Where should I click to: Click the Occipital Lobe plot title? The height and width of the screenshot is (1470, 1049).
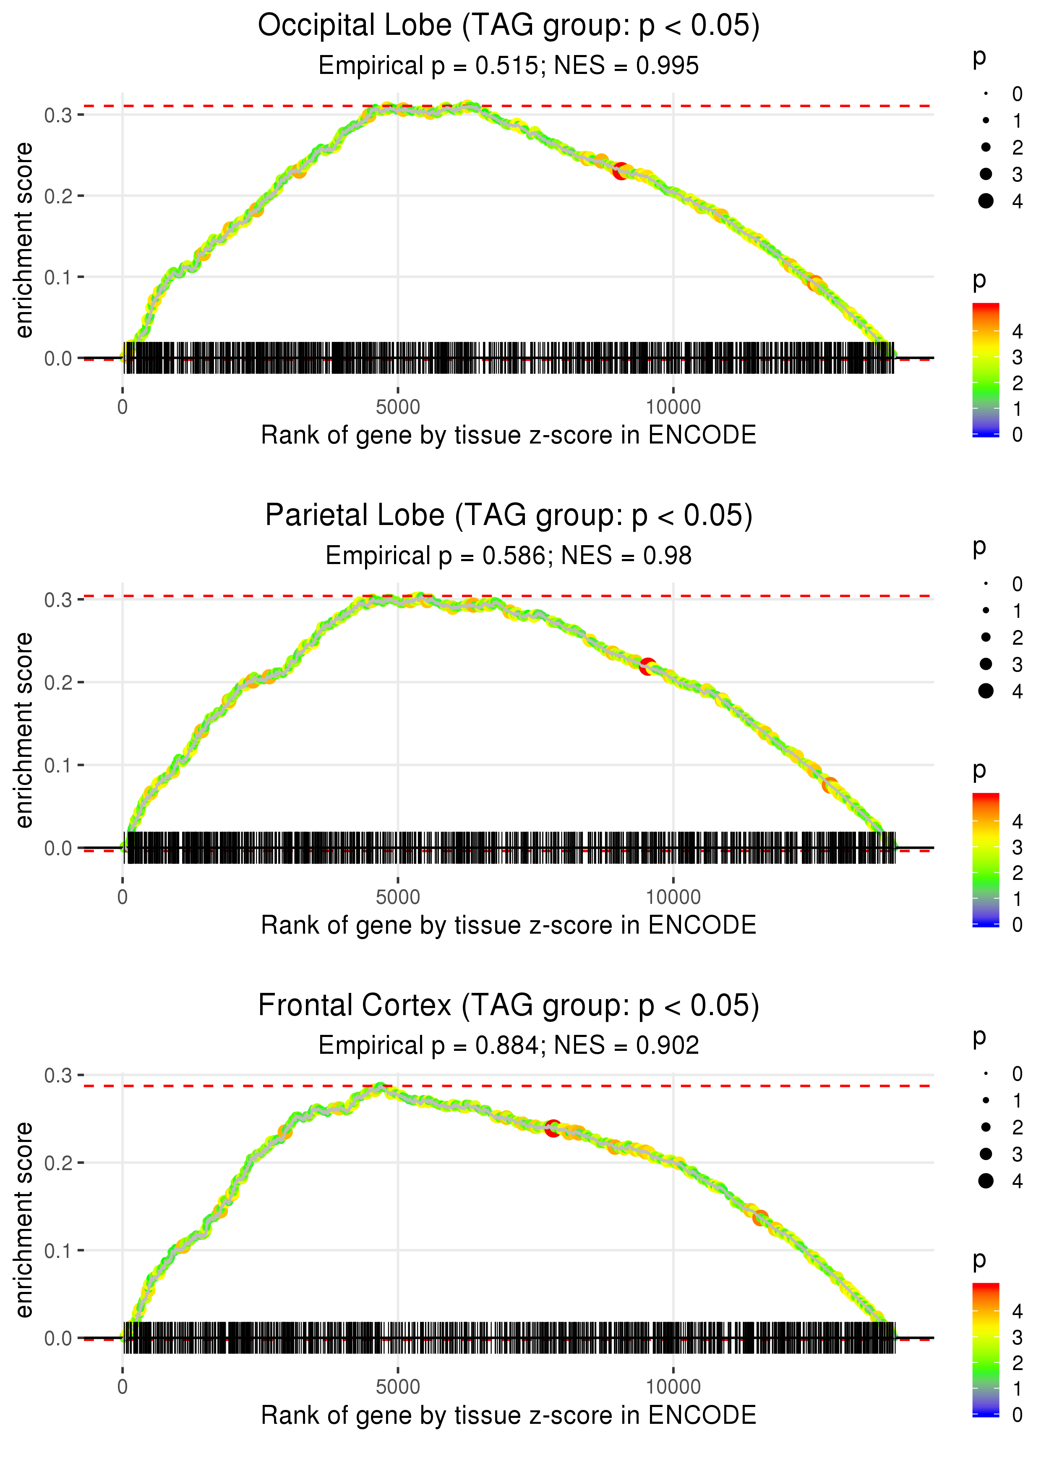(x=509, y=26)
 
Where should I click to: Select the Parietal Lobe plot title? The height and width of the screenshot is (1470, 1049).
(x=509, y=516)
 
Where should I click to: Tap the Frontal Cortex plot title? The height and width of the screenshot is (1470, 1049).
(x=509, y=1006)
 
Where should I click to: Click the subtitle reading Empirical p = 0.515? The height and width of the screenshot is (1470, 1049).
(x=509, y=66)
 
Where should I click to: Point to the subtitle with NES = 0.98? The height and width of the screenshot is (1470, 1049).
(x=509, y=556)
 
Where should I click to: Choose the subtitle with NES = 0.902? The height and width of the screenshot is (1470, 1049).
(x=509, y=1045)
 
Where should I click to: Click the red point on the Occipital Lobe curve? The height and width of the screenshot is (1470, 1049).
(x=621, y=172)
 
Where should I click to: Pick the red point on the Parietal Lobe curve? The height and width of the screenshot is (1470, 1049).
(x=647, y=667)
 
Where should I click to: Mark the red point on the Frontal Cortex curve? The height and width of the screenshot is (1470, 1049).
(x=552, y=1129)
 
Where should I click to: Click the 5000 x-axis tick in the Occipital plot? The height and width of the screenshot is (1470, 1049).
(x=398, y=407)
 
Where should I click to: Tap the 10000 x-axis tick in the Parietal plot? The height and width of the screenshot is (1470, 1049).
(x=673, y=897)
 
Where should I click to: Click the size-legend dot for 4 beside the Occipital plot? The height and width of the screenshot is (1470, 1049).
(x=986, y=201)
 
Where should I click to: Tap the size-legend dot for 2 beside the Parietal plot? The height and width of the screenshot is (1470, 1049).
(x=986, y=638)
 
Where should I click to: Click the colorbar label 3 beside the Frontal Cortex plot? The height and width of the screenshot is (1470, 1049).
(x=1018, y=1337)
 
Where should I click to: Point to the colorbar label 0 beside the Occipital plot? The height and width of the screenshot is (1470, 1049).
(x=1018, y=435)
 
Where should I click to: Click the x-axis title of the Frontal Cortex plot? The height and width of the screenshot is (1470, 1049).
(x=509, y=1416)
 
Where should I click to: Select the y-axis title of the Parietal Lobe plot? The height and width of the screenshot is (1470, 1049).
(x=24, y=730)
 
